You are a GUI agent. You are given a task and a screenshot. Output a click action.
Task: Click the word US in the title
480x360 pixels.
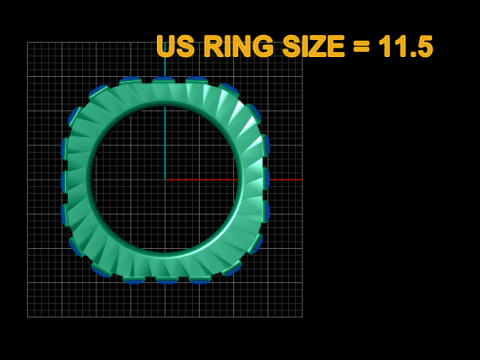tap(176, 46)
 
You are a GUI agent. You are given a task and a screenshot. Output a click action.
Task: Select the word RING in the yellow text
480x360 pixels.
tap(239, 46)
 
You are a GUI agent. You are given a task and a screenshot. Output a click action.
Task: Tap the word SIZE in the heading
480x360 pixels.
tap(313, 46)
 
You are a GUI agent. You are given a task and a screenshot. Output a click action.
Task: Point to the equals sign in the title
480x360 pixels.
tap(361, 46)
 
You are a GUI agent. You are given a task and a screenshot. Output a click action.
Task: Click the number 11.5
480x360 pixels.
tap(406, 46)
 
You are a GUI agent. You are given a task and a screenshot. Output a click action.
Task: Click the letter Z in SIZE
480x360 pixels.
tap(316, 46)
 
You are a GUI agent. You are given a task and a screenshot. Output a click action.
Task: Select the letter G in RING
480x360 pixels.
tap(263, 46)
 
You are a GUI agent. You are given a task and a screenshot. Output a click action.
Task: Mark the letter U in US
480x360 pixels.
tap(166, 46)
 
